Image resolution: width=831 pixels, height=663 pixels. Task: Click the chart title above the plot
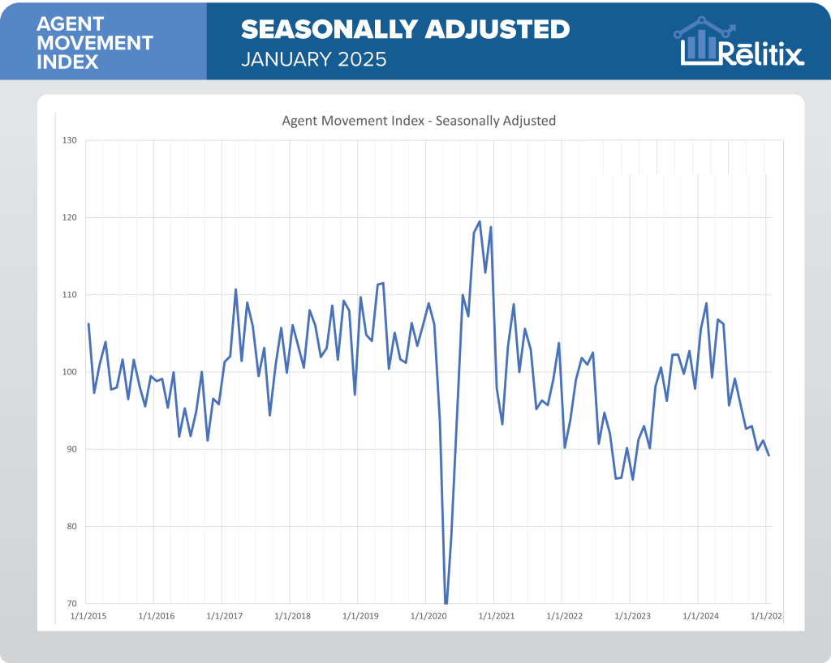[x=418, y=121]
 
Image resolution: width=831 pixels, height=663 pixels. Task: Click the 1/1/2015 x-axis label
[x=88, y=617]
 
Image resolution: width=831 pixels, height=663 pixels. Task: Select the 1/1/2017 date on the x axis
[x=224, y=617]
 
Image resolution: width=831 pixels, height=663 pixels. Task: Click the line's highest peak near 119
[x=480, y=221]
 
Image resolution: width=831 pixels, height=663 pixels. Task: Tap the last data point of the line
[x=769, y=455]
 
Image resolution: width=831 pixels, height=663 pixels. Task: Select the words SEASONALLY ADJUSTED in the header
[x=405, y=30]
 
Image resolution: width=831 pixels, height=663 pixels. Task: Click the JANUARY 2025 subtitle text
[x=313, y=59]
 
